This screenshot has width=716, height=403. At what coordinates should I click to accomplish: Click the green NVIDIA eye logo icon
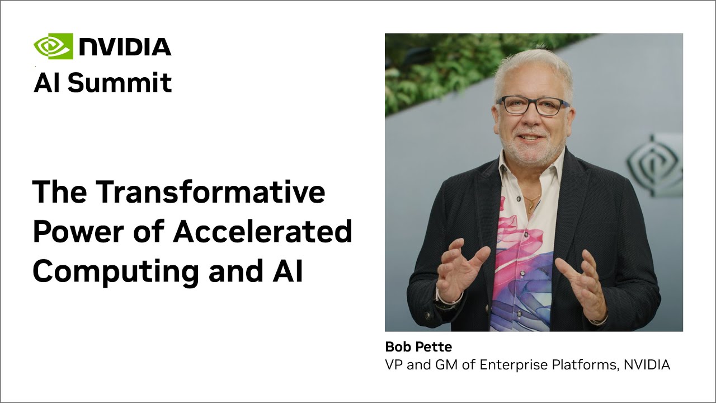click(53, 46)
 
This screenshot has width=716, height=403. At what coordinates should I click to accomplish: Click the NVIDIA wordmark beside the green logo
click(125, 47)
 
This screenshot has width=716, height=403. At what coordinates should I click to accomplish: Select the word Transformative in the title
click(210, 192)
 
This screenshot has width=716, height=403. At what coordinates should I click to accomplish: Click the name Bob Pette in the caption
click(418, 347)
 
